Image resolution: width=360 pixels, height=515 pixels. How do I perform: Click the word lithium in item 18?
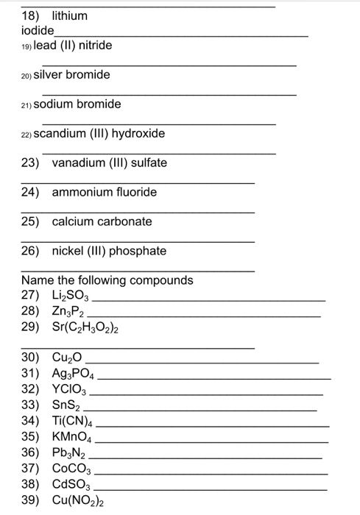click(x=69, y=15)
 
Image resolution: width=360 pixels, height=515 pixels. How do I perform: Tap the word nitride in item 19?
click(x=96, y=46)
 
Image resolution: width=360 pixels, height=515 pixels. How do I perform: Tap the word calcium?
click(x=71, y=221)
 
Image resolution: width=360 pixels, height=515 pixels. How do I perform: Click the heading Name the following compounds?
click(x=107, y=280)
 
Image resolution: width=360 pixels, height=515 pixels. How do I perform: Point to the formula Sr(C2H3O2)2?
click(x=85, y=325)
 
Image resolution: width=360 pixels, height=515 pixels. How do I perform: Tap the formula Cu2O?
click(x=67, y=358)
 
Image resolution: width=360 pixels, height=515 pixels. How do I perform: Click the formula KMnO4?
click(x=73, y=436)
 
